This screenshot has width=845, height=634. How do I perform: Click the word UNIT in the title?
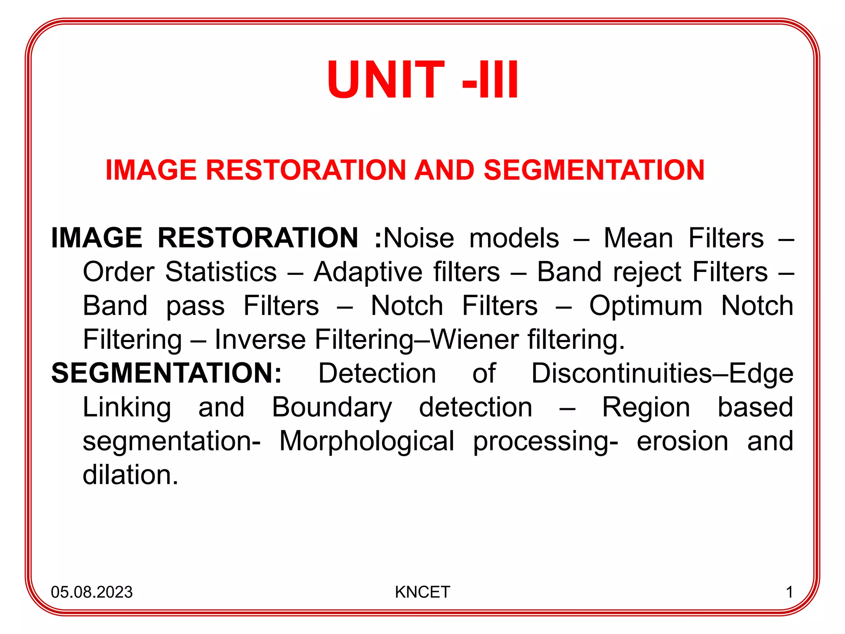pos(386,80)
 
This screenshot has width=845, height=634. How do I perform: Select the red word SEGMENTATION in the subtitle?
pos(594,170)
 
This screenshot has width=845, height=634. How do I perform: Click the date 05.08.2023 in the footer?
pos(92,592)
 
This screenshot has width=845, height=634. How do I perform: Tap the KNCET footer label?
pos(422,592)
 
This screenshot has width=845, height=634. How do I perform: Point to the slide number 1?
pos(789,592)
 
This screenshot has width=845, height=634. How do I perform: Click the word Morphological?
pos(367,441)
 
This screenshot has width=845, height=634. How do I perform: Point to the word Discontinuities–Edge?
pos(662,373)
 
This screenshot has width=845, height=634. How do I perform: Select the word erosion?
pos(682,441)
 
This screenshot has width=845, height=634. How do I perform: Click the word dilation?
pos(130,475)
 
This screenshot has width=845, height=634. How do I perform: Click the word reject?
pos(647,272)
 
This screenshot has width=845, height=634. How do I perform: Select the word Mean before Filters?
pos(638,238)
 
